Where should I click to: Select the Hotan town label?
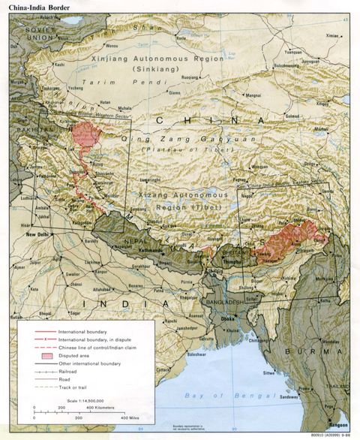point(106,103)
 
